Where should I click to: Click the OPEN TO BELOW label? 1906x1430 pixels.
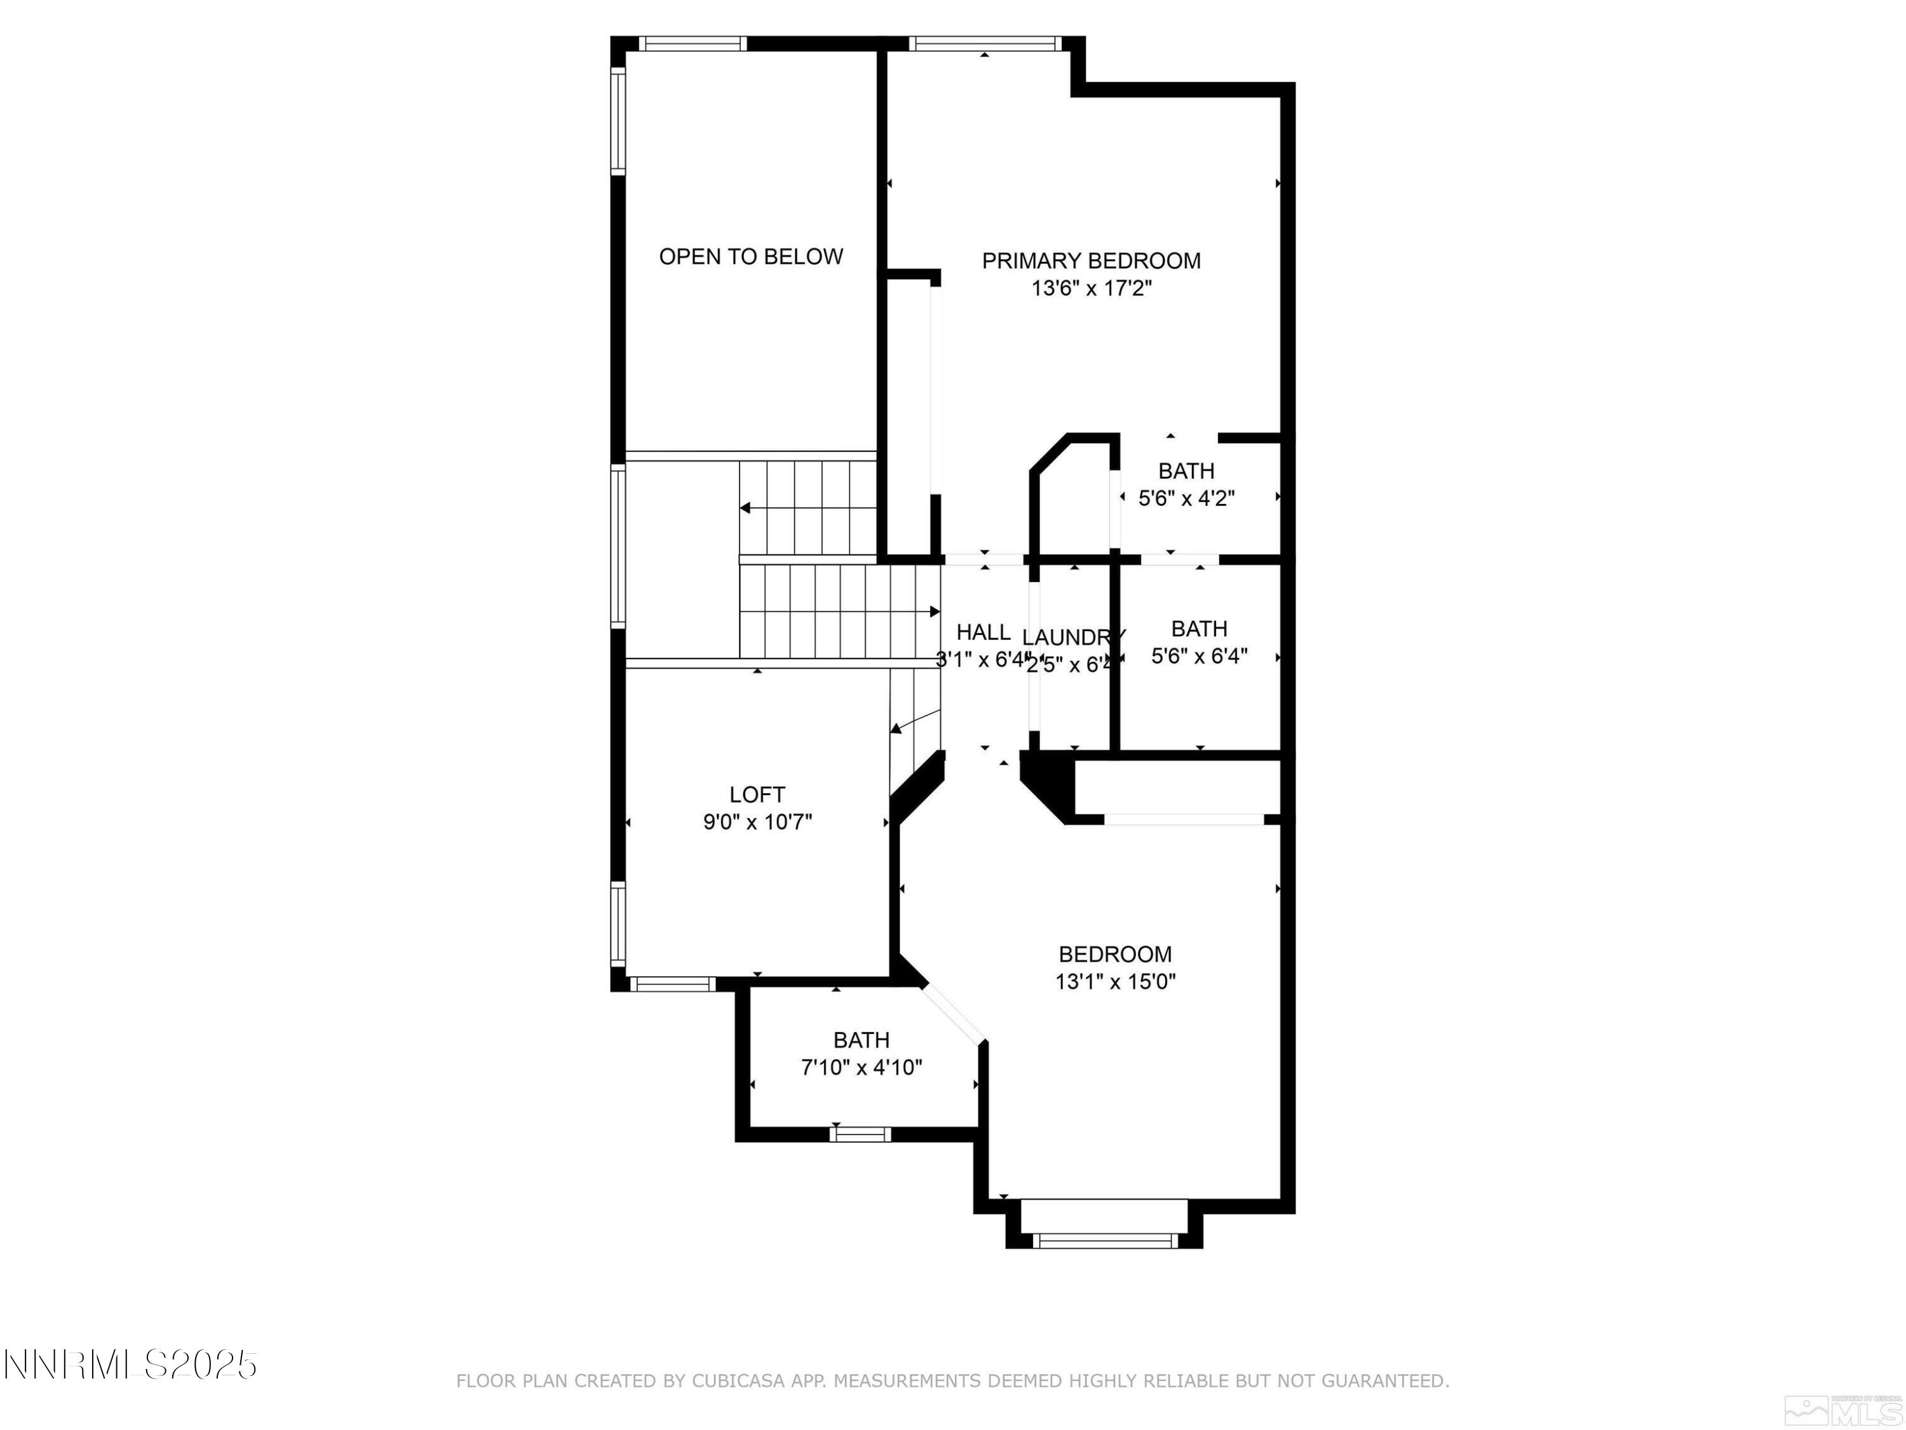point(750,257)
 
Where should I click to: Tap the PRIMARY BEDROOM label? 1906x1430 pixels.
point(1091,261)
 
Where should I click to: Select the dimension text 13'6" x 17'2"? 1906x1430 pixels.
point(1091,289)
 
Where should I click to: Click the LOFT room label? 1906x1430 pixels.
point(757,794)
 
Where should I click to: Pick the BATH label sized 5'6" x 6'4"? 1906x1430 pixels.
point(1199,629)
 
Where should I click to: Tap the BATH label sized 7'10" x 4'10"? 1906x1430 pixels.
point(861,1040)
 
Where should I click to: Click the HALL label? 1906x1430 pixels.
point(982,632)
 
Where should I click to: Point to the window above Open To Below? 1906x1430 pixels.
point(693,44)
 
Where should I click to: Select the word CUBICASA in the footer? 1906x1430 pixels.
point(738,1381)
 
